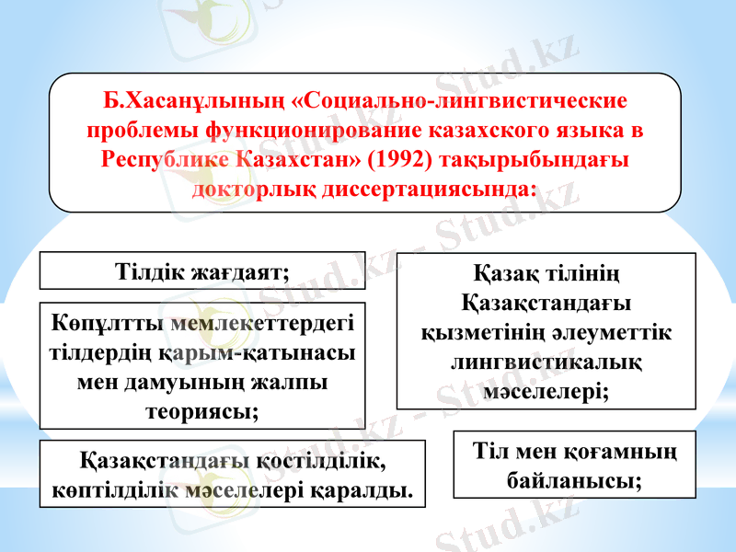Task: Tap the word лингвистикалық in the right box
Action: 546,362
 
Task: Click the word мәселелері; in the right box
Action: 546,391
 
